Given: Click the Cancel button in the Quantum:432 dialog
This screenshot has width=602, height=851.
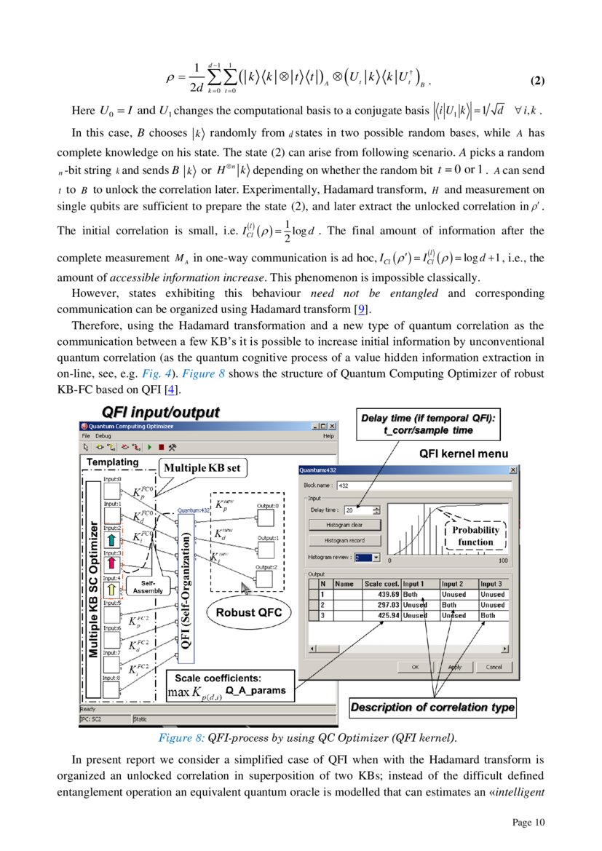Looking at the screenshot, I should (x=494, y=666).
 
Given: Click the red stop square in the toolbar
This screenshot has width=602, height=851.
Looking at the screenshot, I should (x=160, y=448).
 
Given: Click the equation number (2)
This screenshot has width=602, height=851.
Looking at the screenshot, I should (x=536, y=80).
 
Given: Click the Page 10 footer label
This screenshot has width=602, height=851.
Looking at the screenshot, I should (x=528, y=823).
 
